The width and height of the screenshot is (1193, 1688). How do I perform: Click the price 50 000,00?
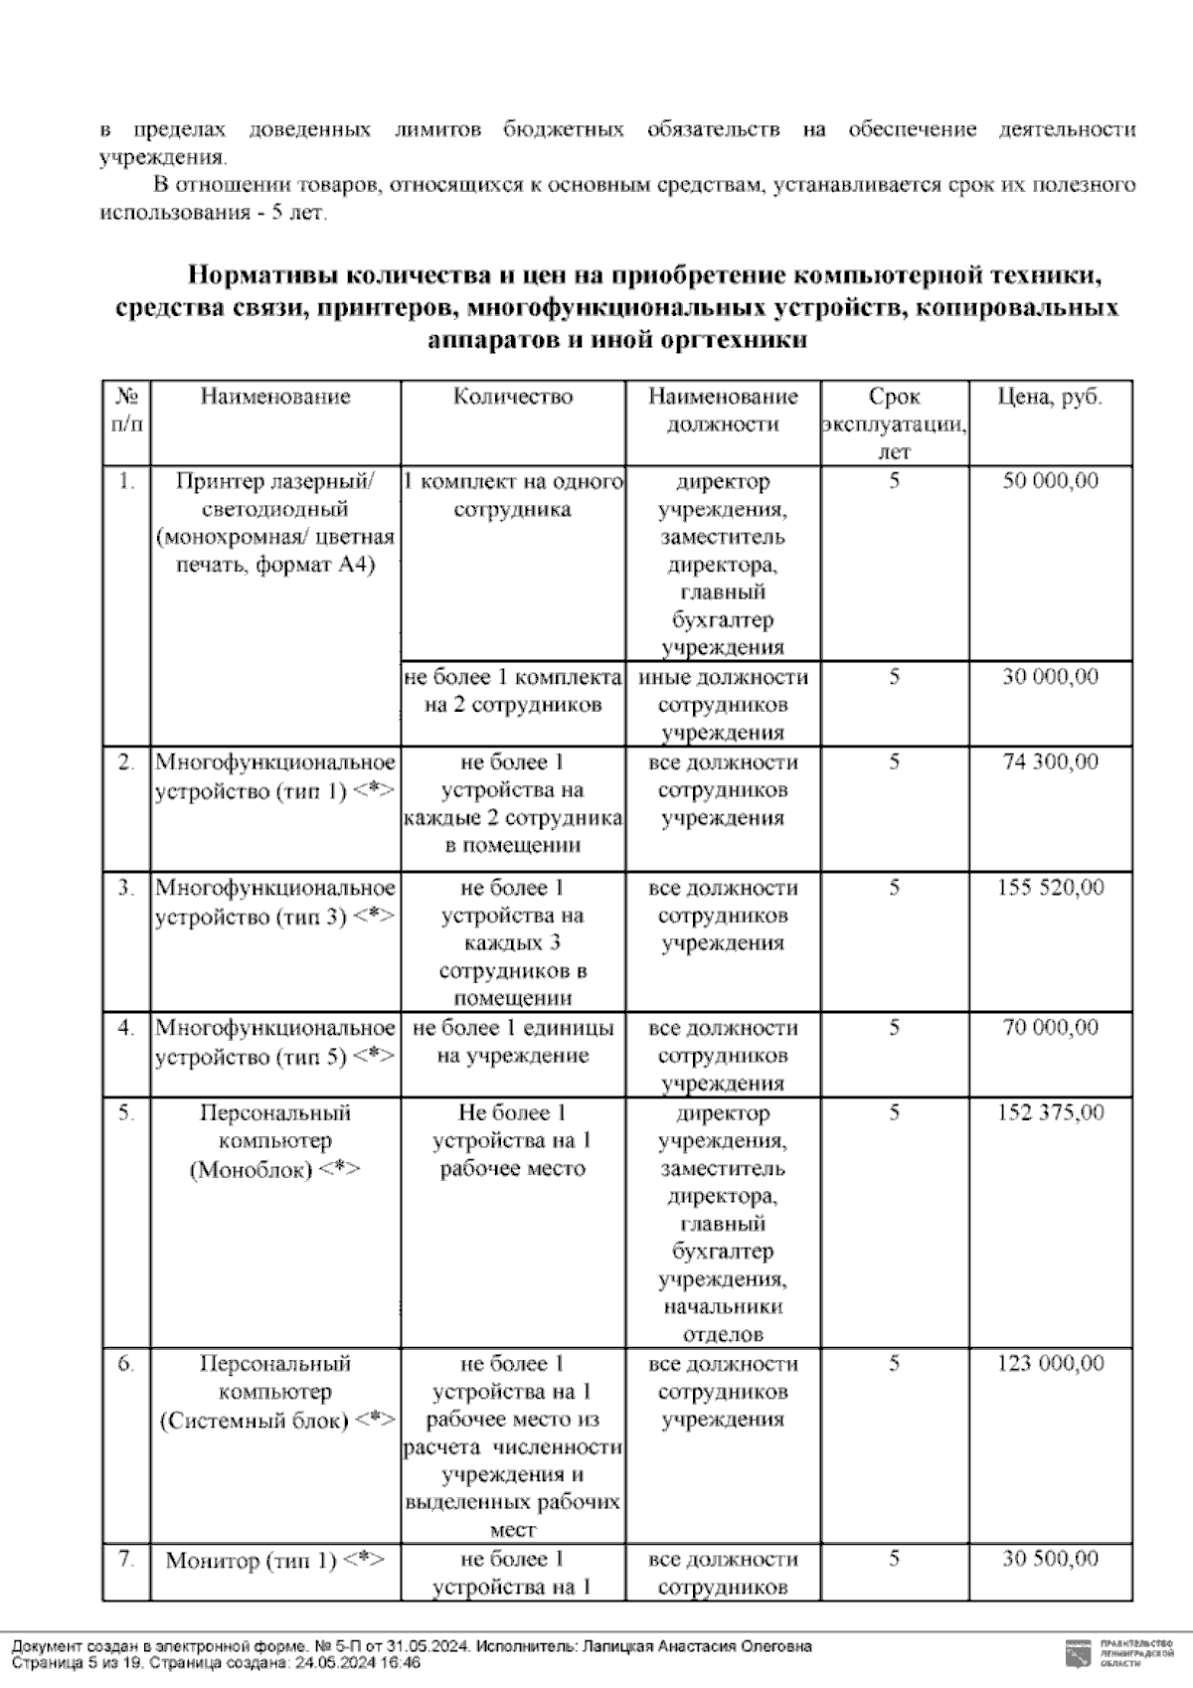[1050, 481]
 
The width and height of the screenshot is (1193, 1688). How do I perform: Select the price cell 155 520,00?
[1050, 888]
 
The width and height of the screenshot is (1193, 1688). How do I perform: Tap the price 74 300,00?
[1050, 762]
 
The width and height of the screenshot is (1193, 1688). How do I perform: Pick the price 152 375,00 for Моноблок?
[1050, 1112]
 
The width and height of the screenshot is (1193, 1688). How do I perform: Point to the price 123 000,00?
[1050, 1364]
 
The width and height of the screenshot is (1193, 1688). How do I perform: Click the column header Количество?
[513, 397]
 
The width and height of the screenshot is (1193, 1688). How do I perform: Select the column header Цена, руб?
[1050, 397]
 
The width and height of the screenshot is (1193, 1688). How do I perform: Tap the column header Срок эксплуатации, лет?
[895, 423]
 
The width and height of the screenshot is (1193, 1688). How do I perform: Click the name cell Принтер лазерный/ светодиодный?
[275, 524]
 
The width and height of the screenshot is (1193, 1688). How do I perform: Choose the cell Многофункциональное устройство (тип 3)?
[275, 902]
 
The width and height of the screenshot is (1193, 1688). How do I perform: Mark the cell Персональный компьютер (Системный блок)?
[275, 1393]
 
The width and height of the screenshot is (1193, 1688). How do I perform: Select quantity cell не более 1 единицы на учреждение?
[513, 1042]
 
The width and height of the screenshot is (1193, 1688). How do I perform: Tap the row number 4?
[126, 1028]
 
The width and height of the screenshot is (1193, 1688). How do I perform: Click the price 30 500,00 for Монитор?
[1050, 1559]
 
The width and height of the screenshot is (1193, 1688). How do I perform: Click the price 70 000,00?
[1050, 1028]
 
